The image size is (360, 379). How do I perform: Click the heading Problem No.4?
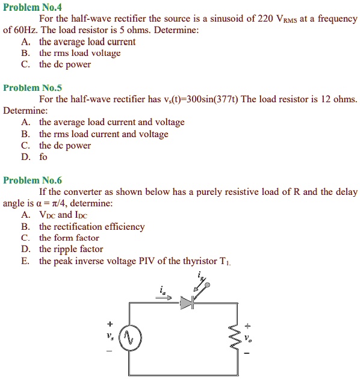(x=29, y=8)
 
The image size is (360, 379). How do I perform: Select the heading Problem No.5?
(x=29, y=88)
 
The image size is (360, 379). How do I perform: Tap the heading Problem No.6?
(x=29, y=180)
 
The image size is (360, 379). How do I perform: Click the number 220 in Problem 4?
(x=265, y=19)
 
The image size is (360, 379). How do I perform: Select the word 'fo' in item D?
(x=43, y=157)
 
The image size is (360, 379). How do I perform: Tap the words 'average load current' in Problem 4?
(x=95, y=42)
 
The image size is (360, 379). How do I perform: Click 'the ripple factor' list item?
(x=71, y=249)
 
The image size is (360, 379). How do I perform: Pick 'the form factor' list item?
(x=69, y=238)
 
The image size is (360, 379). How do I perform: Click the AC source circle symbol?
(x=130, y=338)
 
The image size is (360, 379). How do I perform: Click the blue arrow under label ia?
(x=168, y=297)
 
